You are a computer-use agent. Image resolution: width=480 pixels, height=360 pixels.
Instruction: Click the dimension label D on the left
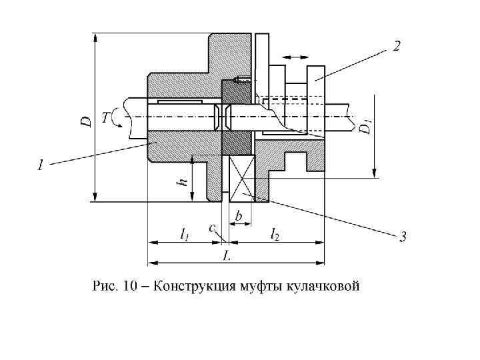click(86, 121)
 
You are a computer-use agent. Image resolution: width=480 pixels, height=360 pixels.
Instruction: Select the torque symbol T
click(105, 118)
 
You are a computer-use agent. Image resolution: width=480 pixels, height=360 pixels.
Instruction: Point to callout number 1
click(41, 163)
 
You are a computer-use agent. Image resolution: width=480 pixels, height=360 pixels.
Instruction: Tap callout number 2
click(397, 46)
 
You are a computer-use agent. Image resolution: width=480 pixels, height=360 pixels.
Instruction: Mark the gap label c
click(212, 229)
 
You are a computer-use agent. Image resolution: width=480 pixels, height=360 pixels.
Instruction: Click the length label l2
click(275, 233)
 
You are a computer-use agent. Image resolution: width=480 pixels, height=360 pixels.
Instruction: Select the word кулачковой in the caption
click(323, 287)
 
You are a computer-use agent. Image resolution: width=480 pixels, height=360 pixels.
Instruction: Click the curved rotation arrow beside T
click(117, 118)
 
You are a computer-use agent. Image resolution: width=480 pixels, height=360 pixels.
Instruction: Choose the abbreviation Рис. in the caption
click(104, 287)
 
